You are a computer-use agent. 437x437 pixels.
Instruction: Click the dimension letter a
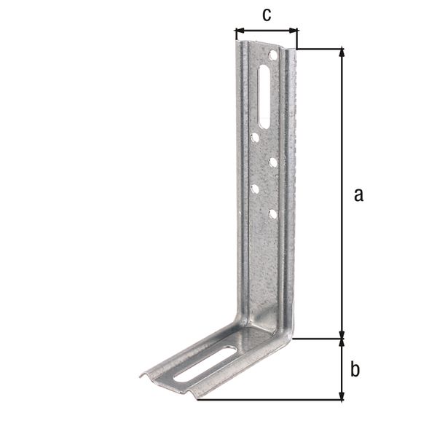click(357, 194)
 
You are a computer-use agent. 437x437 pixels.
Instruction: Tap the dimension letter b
click(355, 369)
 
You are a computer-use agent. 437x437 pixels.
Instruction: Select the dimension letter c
click(267, 15)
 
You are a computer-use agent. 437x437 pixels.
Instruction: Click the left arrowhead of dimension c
click(238, 31)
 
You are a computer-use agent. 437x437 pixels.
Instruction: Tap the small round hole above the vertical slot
click(272, 55)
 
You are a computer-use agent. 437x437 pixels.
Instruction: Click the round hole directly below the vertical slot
click(255, 136)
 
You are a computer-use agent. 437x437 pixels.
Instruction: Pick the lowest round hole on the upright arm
click(272, 214)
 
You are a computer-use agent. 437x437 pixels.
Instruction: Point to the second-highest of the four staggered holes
click(272, 162)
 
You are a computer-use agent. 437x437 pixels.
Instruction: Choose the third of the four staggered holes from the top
click(255, 189)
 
